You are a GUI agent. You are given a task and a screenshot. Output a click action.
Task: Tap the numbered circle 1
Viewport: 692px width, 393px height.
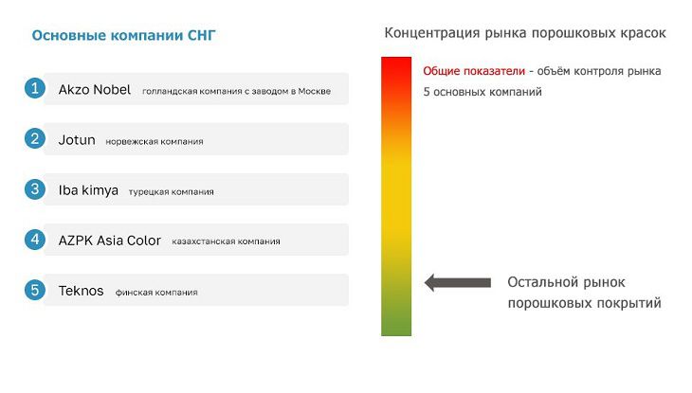(35, 88)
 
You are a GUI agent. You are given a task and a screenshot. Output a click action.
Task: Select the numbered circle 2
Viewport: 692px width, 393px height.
(35, 138)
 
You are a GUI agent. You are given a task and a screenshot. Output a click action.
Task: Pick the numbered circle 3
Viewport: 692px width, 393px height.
(35, 189)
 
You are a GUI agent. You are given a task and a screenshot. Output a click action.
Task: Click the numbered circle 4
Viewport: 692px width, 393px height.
(35, 240)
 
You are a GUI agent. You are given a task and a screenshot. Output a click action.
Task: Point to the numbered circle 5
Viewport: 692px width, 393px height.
(35, 290)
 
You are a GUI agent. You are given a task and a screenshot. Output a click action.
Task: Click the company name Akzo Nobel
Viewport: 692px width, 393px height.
(94, 89)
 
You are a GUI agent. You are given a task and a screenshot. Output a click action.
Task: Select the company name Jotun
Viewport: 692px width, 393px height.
(77, 140)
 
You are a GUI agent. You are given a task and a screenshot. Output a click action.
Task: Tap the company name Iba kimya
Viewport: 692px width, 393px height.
(88, 190)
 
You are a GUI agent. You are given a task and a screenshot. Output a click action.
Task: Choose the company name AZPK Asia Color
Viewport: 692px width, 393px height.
(110, 241)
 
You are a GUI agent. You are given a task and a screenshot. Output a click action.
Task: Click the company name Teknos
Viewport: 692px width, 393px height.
(82, 291)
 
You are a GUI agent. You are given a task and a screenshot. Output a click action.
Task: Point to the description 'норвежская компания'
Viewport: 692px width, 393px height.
(154, 141)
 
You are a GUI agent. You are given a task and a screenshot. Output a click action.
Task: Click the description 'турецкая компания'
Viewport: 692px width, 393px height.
(171, 191)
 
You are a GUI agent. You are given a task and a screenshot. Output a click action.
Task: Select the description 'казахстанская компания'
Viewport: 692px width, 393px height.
(226, 241)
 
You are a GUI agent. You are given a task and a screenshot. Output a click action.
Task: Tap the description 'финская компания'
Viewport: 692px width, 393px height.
(156, 293)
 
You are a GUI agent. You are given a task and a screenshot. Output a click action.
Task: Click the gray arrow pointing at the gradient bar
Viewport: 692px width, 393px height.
(457, 282)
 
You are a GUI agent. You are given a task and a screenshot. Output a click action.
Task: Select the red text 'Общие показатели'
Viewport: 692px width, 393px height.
(473, 71)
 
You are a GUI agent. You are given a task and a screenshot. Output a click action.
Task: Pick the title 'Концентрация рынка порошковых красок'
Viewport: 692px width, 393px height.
(524, 33)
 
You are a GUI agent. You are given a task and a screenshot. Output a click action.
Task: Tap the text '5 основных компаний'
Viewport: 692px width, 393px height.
(482, 93)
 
